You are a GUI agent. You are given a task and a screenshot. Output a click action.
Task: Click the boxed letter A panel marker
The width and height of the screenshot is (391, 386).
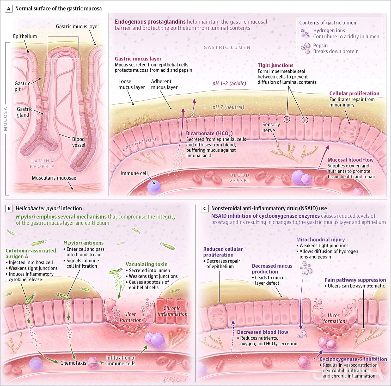9,9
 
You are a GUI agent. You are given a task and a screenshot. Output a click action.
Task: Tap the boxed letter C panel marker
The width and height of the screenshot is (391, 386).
205,209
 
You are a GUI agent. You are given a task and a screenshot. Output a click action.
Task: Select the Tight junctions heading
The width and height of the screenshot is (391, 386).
276,65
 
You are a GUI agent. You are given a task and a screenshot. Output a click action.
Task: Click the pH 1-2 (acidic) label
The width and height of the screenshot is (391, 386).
229,83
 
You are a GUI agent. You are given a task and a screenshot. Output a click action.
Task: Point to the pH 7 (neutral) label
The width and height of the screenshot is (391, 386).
228,107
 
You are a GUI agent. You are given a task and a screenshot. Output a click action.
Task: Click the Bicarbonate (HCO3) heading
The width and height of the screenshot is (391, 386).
209,133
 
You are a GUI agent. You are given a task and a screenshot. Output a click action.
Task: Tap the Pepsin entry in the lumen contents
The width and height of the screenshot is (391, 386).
320,45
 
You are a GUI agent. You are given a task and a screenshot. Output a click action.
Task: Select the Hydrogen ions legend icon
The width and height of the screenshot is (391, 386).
305,33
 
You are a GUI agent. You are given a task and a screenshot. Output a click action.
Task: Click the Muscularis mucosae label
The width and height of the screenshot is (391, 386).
54,178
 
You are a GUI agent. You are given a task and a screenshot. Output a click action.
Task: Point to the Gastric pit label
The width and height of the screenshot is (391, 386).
22,86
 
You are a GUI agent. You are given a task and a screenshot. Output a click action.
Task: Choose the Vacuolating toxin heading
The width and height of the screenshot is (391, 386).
146,264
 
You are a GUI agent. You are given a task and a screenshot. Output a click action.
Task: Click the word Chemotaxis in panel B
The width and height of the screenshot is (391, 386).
73,363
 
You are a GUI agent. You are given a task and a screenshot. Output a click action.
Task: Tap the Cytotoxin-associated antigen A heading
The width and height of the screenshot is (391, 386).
30,253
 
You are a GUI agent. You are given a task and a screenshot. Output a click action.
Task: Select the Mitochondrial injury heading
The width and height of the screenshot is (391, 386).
320,240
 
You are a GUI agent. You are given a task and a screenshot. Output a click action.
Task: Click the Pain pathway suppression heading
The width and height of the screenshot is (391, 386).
355,280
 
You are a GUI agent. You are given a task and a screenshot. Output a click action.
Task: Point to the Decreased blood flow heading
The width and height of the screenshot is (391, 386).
262,332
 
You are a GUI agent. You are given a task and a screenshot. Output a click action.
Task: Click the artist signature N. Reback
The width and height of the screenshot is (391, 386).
174,380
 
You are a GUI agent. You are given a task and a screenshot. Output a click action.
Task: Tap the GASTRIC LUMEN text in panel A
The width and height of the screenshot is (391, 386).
227,47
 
